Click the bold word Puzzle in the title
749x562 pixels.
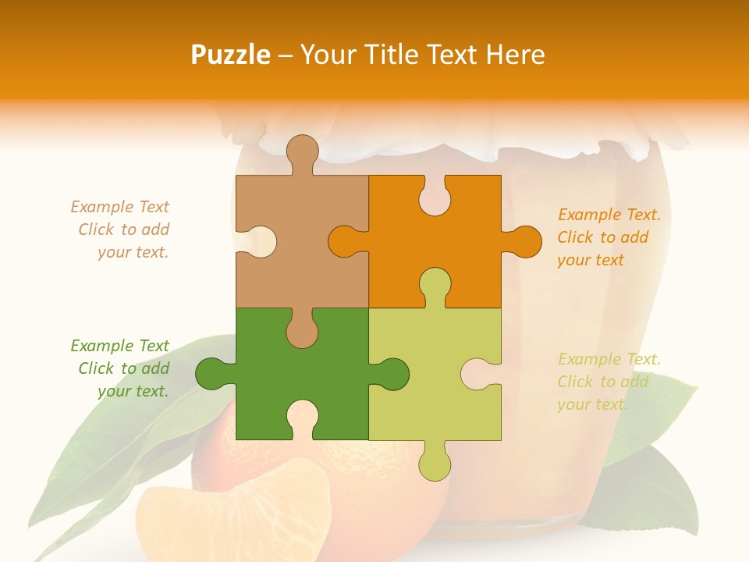coord(232,55)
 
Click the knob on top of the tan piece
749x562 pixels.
coord(302,152)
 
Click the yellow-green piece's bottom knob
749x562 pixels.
coord(435,464)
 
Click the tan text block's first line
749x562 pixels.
coord(119,207)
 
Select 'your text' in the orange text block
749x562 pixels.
coord(591,260)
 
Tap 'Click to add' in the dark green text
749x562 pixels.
coord(123,368)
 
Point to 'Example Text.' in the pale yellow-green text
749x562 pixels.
coord(609,359)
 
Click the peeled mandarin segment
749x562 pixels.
coord(234,515)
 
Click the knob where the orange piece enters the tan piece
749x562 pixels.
coord(343,241)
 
